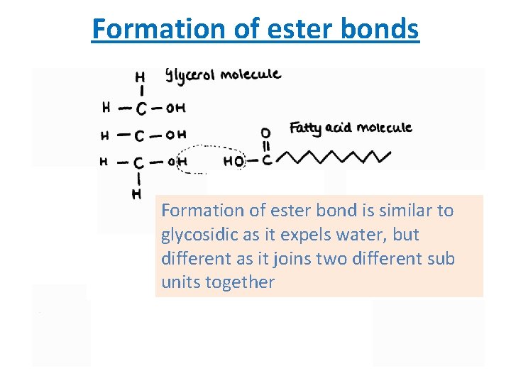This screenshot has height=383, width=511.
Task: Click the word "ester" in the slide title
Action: click(x=290, y=29)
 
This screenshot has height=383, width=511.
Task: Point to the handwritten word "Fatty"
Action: click(x=305, y=128)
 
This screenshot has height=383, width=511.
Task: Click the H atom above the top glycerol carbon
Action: click(x=141, y=76)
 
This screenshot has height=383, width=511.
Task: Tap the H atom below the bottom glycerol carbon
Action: click(x=136, y=193)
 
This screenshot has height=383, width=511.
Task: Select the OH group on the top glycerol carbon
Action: click(x=175, y=109)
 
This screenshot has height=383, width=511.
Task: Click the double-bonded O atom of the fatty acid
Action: click(x=265, y=133)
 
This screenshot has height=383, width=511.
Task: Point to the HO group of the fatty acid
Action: click(x=233, y=162)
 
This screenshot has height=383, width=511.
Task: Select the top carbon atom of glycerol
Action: click(x=142, y=109)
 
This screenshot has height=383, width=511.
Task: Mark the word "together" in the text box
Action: click(x=240, y=282)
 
